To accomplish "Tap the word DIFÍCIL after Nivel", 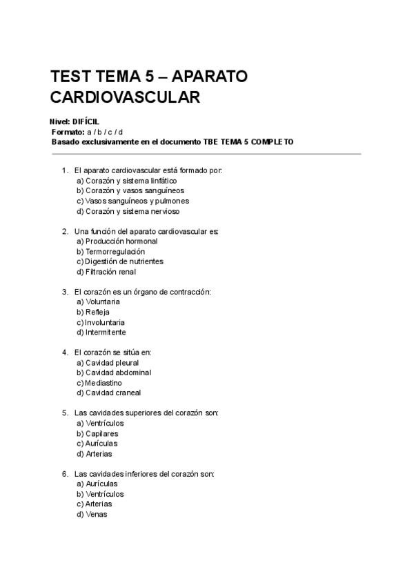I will coord(86,121).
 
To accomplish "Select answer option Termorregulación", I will coord(115,252).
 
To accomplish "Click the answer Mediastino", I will coord(103,383).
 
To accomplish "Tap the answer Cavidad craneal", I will coord(112,393).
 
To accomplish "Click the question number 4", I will coord(65,353).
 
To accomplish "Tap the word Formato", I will coord(68,132).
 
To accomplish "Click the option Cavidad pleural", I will coord(112,362).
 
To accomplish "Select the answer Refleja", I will coord(97,312).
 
